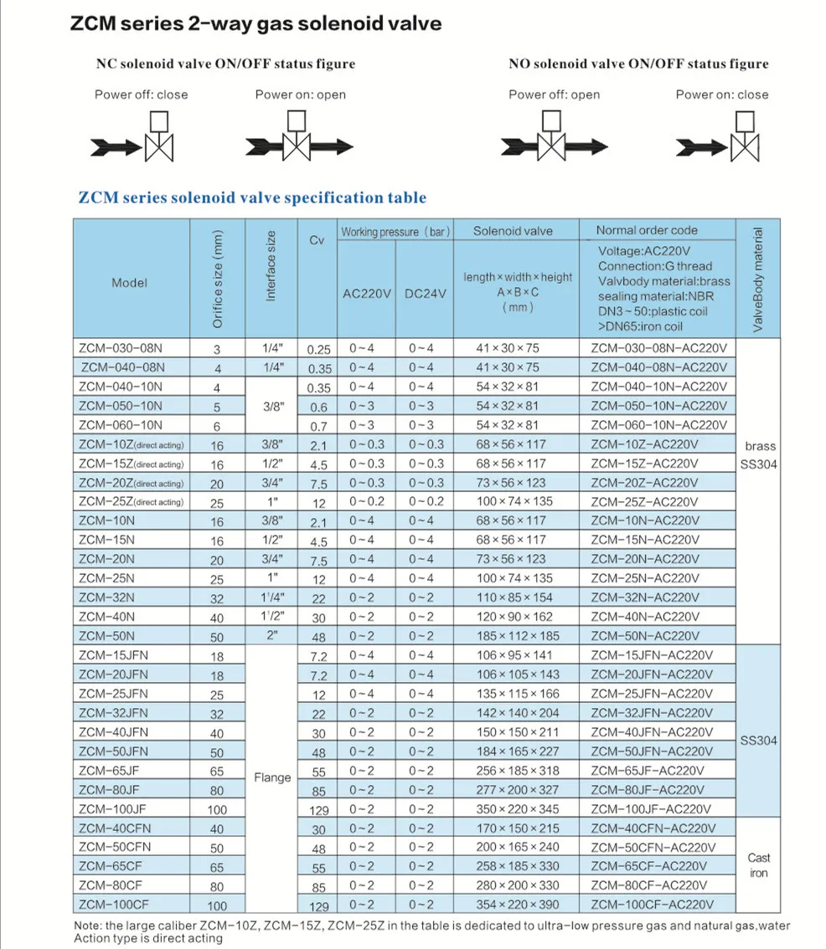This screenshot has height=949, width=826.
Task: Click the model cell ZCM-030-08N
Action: [119, 348]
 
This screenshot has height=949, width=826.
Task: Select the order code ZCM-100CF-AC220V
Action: [652, 905]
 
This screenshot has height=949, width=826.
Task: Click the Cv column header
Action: [317, 241]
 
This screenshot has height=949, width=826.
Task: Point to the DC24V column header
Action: [425, 294]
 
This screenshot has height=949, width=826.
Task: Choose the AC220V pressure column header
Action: [366, 294]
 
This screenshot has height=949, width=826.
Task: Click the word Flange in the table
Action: [272, 777]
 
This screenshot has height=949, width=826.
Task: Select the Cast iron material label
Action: [758, 865]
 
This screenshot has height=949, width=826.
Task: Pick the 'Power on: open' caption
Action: [300, 95]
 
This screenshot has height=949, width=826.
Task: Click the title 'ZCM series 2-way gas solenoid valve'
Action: [256, 23]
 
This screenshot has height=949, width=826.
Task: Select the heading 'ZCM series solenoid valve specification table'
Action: [252, 198]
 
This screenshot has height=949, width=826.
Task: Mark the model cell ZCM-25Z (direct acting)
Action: [131, 501]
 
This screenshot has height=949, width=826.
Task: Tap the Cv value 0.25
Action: [318, 350]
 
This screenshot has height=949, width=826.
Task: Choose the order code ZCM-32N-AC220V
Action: [644, 598]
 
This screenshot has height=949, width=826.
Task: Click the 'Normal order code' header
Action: [646, 230]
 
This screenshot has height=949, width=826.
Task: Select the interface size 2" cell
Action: [271, 634]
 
